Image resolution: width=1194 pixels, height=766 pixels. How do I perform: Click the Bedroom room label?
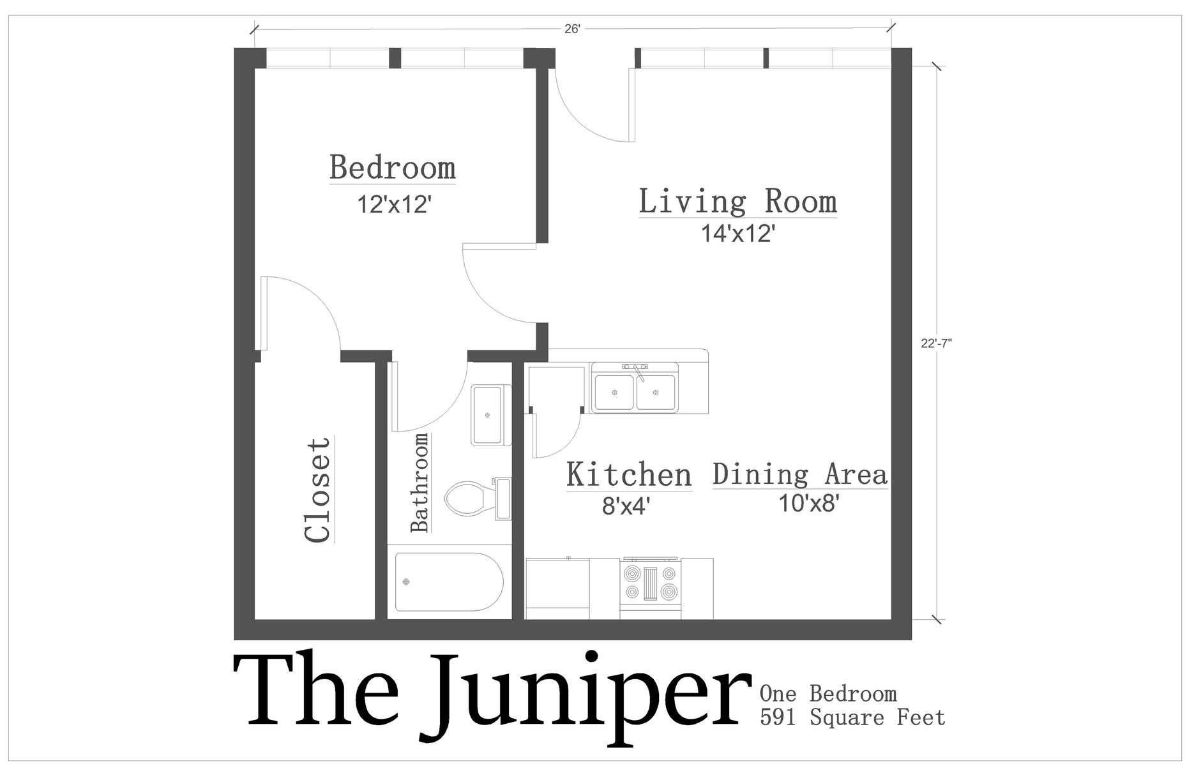393,168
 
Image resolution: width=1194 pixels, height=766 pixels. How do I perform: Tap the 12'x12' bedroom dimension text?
395,205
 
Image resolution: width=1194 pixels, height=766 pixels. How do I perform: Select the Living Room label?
737,201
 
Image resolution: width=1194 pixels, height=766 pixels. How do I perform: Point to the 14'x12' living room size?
738,234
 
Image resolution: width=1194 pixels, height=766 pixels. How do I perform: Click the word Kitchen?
629,475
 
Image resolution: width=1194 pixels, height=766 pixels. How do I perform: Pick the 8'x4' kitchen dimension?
626,506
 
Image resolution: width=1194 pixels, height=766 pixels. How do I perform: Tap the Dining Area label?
800,474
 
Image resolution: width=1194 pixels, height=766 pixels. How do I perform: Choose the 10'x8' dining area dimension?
808,504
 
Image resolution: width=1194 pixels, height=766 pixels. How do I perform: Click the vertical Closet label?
318,490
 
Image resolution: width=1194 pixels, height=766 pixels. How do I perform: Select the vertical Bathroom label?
419,483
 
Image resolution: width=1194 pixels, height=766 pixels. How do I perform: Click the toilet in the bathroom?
478,499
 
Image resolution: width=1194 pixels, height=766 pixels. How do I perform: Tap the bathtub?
450,582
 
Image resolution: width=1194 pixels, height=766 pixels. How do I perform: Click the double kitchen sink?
635,387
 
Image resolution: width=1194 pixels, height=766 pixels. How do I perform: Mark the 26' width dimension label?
572,29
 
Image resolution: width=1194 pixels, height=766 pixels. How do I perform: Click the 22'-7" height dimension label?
937,343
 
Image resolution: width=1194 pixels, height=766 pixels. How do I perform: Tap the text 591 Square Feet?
852,717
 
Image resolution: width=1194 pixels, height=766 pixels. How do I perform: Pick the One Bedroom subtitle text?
828,693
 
